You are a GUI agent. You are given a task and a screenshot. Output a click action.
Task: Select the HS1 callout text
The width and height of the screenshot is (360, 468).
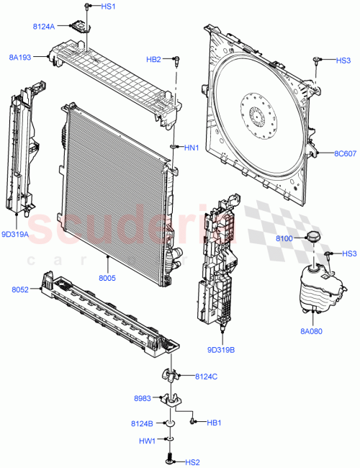pyautogui.click(x=108, y=6)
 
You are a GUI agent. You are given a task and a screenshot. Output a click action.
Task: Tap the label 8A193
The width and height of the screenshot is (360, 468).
pyautogui.click(x=21, y=55)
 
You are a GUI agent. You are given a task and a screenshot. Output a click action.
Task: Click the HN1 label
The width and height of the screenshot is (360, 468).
pyautogui.click(x=191, y=148)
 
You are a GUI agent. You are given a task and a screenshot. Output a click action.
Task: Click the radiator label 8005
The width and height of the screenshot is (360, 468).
pyautogui.click(x=107, y=276)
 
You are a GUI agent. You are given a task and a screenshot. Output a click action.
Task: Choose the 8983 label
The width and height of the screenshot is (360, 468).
pyautogui.click(x=142, y=398)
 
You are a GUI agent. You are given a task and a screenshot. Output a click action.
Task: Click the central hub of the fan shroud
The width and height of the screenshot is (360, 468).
pyautogui.click(x=258, y=114)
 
